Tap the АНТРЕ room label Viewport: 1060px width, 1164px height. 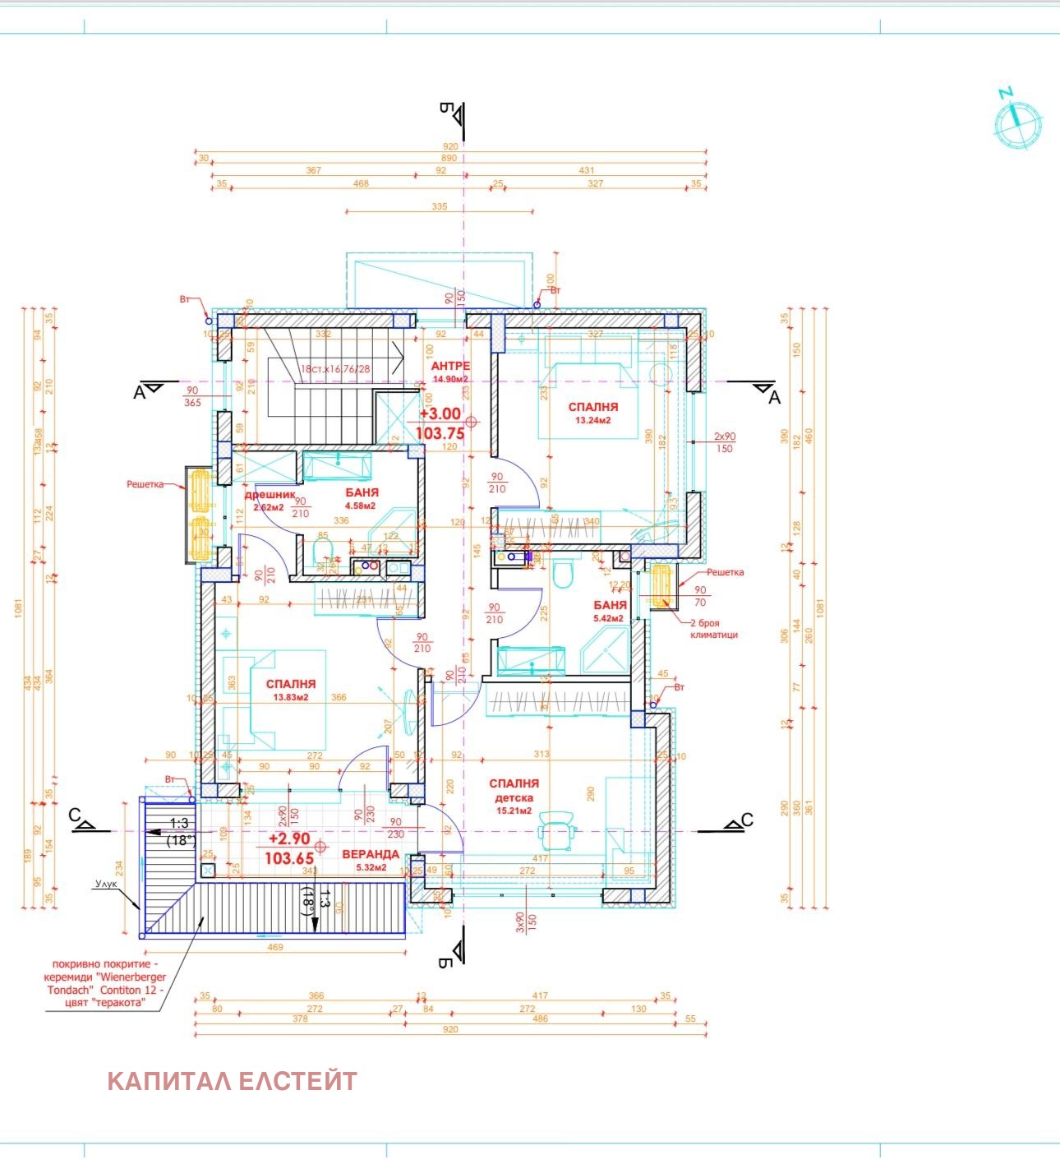point(450,366)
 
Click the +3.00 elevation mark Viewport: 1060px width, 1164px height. point(440,415)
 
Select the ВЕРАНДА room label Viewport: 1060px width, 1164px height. point(370,854)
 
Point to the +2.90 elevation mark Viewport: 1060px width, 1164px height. point(289,839)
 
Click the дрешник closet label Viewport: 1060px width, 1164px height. point(269,496)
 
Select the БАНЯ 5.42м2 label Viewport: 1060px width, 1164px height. point(610,605)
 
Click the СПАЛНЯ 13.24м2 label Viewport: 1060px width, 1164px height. point(593,407)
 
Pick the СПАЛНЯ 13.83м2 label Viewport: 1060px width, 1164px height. point(291,684)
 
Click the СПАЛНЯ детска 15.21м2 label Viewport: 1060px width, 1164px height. point(514,784)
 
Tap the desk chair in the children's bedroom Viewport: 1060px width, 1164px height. point(559,830)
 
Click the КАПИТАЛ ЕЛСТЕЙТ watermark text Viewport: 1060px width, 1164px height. point(232,1080)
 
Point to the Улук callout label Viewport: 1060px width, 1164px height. point(106,885)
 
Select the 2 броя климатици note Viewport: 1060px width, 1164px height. point(713,629)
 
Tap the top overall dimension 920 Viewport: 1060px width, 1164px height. point(450,147)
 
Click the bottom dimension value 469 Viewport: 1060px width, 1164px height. point(275,947)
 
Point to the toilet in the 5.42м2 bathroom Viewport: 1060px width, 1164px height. point(563,575)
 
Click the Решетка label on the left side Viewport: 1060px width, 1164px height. point(145,485)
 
